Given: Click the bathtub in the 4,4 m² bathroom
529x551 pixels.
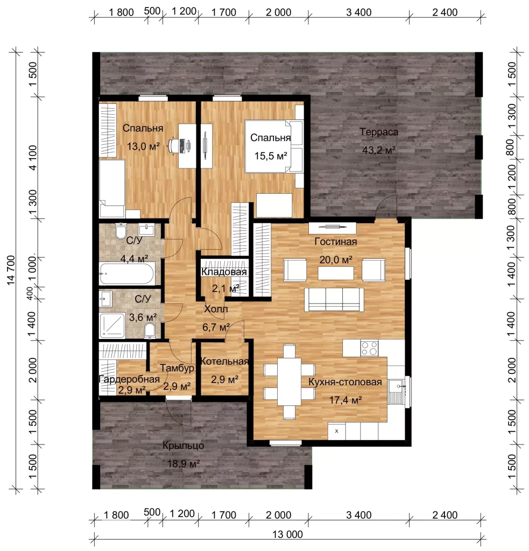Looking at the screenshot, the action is tap(126, 274).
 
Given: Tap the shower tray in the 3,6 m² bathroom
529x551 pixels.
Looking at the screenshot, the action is tap(112, 326).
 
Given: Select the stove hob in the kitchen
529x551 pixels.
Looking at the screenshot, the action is tap(369, 348).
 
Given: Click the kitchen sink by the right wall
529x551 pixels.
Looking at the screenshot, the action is tap(397, 392).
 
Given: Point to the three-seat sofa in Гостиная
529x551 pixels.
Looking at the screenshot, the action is tap(334, 299).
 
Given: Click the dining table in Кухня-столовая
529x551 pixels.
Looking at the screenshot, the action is tap(289, 382).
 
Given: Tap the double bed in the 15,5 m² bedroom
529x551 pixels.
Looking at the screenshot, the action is tap(274, 146).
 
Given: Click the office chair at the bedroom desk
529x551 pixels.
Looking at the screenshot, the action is tap(174, 145).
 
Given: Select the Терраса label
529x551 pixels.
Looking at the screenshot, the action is tap(379, 132).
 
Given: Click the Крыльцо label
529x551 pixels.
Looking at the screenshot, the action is tap(183, 446).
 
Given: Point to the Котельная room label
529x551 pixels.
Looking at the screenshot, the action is tap(224, 361).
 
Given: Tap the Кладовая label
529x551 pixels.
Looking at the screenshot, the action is tap(224, 272).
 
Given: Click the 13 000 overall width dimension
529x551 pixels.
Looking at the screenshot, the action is tap(287, 534).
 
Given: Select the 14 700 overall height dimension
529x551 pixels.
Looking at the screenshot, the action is tap(11, 270).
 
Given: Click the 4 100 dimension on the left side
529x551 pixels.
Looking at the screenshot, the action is tap(32, 158).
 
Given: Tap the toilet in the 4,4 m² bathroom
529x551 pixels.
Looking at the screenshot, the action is tap(121, 230).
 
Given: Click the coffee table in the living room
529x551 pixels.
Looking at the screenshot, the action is tap(336, 273).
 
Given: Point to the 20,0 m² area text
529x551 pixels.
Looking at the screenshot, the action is tap(336, 260).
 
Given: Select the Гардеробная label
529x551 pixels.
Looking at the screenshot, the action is tap(129, 379).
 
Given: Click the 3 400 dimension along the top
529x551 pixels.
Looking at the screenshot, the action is tap(359, 12).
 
